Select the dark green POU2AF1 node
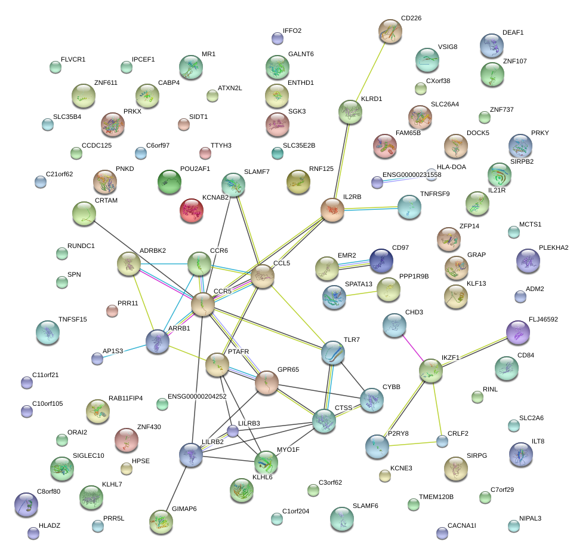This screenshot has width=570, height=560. [169, 182]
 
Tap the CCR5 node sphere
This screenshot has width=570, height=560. [203, 305]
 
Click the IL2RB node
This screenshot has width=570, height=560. [332, 209]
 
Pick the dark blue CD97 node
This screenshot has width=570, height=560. [381, 260]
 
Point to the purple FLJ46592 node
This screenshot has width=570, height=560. [517, 332]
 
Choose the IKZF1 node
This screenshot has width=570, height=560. [430, 371]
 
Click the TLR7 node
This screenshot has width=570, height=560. [332, 353]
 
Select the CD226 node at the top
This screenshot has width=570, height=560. [390, 31]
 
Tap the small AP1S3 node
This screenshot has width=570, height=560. [97, 359]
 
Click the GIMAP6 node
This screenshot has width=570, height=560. [161, 521]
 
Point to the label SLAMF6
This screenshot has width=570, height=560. [365, 506]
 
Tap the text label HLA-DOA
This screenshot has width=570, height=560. [451, 167]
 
